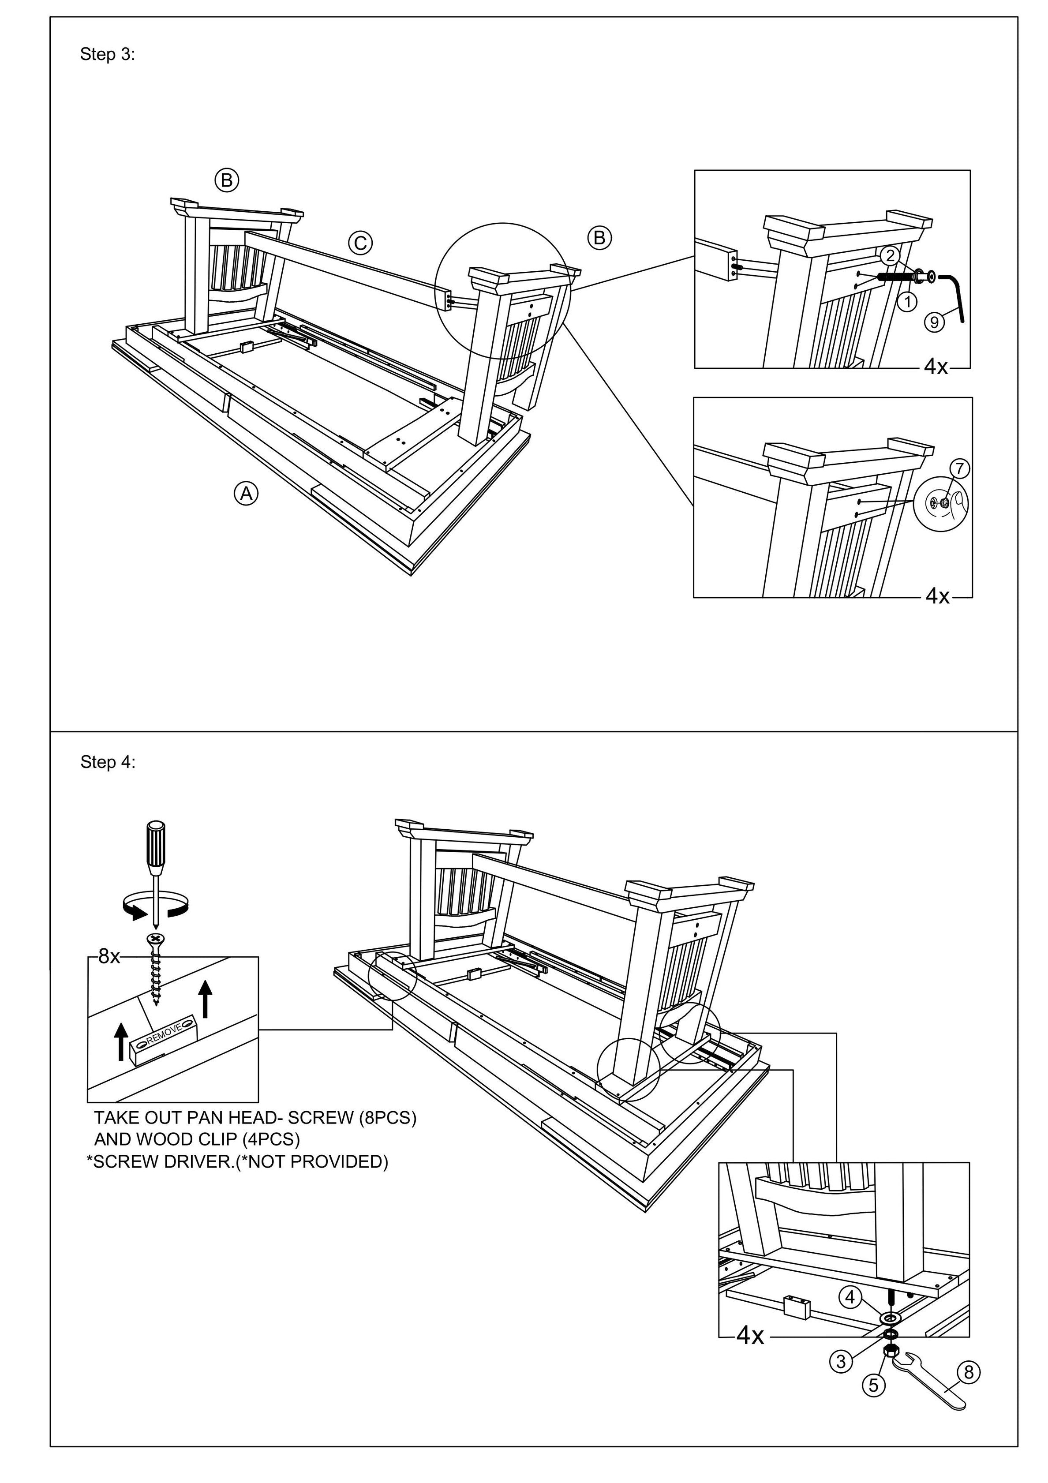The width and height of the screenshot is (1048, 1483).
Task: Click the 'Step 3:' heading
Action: point(107,54)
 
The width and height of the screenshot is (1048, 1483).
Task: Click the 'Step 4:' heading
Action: point(108,762)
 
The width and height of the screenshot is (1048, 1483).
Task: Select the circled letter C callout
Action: point(360,243)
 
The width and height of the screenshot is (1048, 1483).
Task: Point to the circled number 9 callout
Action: point(934,321)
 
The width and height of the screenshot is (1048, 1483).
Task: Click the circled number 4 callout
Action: point(850,1297)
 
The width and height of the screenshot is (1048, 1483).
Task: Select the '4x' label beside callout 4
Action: point(750,1335)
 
